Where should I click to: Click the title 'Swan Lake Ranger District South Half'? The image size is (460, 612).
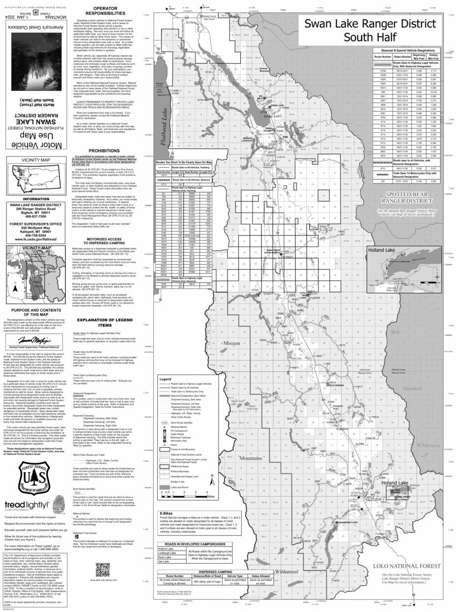[x=370, y=30]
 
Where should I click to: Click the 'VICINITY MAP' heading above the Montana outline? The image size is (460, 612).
[x=35, y=160]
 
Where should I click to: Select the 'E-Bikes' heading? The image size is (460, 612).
[x=167, y=513]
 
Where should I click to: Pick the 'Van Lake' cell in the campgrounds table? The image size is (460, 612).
[x=164, y=561]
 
